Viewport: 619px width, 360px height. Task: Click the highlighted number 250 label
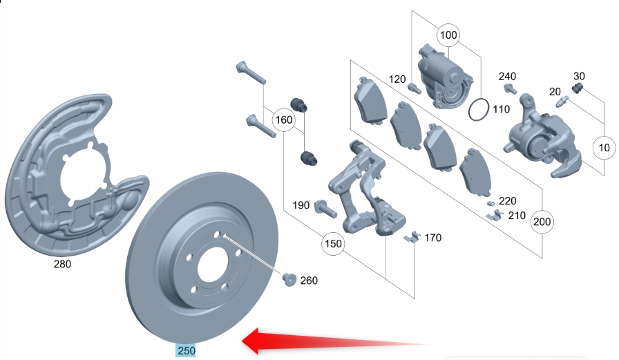click(187, 351)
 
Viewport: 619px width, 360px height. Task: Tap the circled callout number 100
click(448, 35)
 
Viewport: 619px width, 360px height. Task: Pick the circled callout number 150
click(334, 244)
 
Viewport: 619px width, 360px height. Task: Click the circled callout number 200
click(542, 222)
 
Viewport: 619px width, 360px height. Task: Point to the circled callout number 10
click(605, 148)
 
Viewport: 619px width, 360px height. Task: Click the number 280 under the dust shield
click(62, 263)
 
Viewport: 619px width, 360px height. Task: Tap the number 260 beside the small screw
click(309, 280)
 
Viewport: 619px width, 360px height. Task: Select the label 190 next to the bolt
click(301, 205)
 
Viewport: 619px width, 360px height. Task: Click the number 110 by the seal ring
click(501, 109)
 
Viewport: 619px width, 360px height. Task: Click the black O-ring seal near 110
click(479, 109)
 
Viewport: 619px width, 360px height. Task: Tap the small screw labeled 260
click(289, 279)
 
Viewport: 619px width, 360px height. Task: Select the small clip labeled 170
click(412, 237)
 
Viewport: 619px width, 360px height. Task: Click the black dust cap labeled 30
click(579, 86)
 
